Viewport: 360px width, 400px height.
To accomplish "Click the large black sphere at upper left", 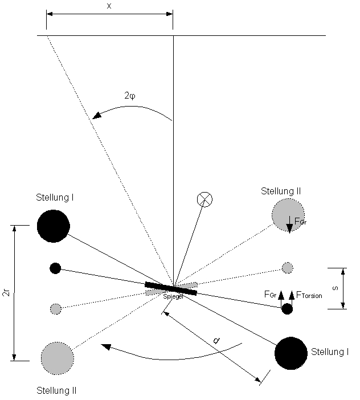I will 54,226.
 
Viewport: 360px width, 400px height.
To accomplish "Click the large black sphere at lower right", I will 291,353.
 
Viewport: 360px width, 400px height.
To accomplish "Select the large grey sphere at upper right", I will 288,214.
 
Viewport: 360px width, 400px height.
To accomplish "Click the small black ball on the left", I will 55,268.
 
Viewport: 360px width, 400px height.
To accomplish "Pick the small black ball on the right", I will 287,309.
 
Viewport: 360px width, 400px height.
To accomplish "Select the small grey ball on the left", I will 55,309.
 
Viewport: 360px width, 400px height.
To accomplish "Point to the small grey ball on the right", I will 287,267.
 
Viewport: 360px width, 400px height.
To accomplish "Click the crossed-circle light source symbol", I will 204,199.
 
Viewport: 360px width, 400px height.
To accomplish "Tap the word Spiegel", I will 173,297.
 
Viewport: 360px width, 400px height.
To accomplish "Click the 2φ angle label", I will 130,96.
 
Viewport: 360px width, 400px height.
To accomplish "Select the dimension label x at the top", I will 109,6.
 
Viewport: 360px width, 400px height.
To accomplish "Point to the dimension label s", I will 336,288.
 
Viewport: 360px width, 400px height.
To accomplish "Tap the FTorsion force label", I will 309,296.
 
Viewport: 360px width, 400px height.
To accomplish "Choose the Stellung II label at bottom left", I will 56,391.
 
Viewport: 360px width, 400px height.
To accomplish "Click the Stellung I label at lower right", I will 330,352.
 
